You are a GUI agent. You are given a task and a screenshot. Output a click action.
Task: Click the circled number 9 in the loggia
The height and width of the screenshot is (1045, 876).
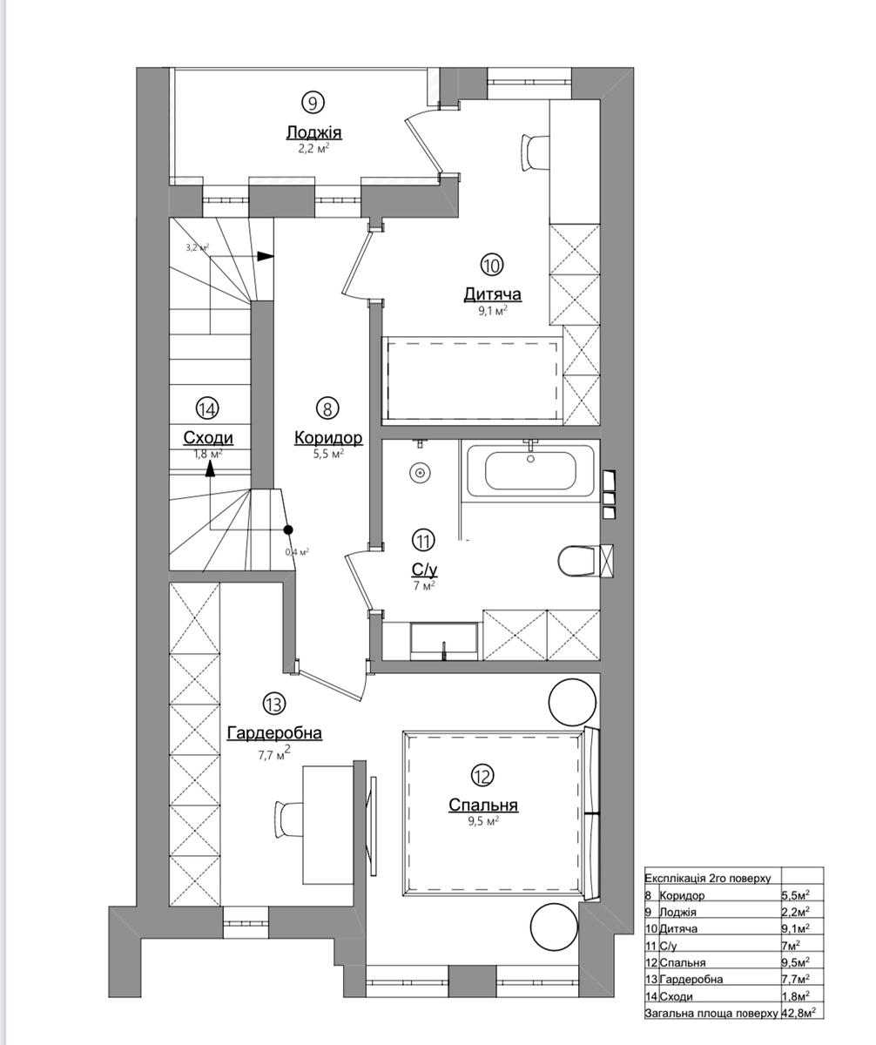[313, 103]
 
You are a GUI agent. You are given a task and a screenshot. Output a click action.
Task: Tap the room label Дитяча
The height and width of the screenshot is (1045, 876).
[492, 293]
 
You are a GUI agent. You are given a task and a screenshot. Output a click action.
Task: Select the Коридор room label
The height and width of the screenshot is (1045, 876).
[328, 437]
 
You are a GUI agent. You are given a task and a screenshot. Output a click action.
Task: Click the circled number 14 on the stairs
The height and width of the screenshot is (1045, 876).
[207, 409]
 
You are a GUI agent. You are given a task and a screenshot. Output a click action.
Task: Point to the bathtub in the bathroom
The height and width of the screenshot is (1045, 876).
[530, 469]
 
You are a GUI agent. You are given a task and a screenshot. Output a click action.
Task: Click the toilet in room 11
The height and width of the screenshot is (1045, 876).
[579, 561]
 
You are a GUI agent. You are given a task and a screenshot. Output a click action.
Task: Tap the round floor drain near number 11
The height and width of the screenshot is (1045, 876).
[420, 473]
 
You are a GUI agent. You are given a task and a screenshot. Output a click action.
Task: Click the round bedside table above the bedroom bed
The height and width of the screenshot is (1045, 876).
[573, 702]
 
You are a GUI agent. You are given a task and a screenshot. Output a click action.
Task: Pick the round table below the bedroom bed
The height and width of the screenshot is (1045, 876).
[555, 927]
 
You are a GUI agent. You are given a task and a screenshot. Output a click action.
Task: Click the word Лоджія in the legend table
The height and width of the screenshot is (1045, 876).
[677, 912]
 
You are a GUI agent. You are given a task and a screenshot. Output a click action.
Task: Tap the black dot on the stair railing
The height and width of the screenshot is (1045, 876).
[288, 529]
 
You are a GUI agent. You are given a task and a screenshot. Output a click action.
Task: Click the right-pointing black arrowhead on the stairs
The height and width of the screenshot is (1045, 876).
[266, 256]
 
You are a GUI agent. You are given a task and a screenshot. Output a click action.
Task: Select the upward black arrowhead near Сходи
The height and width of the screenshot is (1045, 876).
[210, 469]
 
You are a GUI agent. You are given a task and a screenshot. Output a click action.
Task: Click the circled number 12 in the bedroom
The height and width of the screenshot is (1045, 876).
[482, 775]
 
